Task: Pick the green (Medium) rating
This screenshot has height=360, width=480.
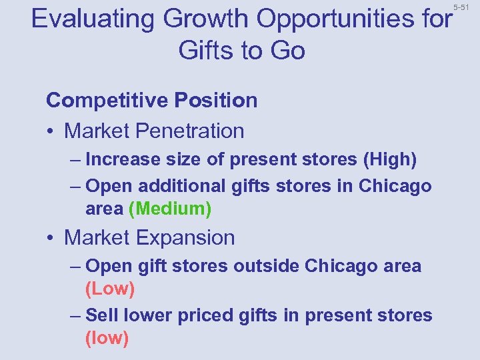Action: point(170,209)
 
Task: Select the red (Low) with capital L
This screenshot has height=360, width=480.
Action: point(110,289)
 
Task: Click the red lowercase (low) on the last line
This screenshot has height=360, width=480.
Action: point(107,338)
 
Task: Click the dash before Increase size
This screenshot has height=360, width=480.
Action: point(75,160)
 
